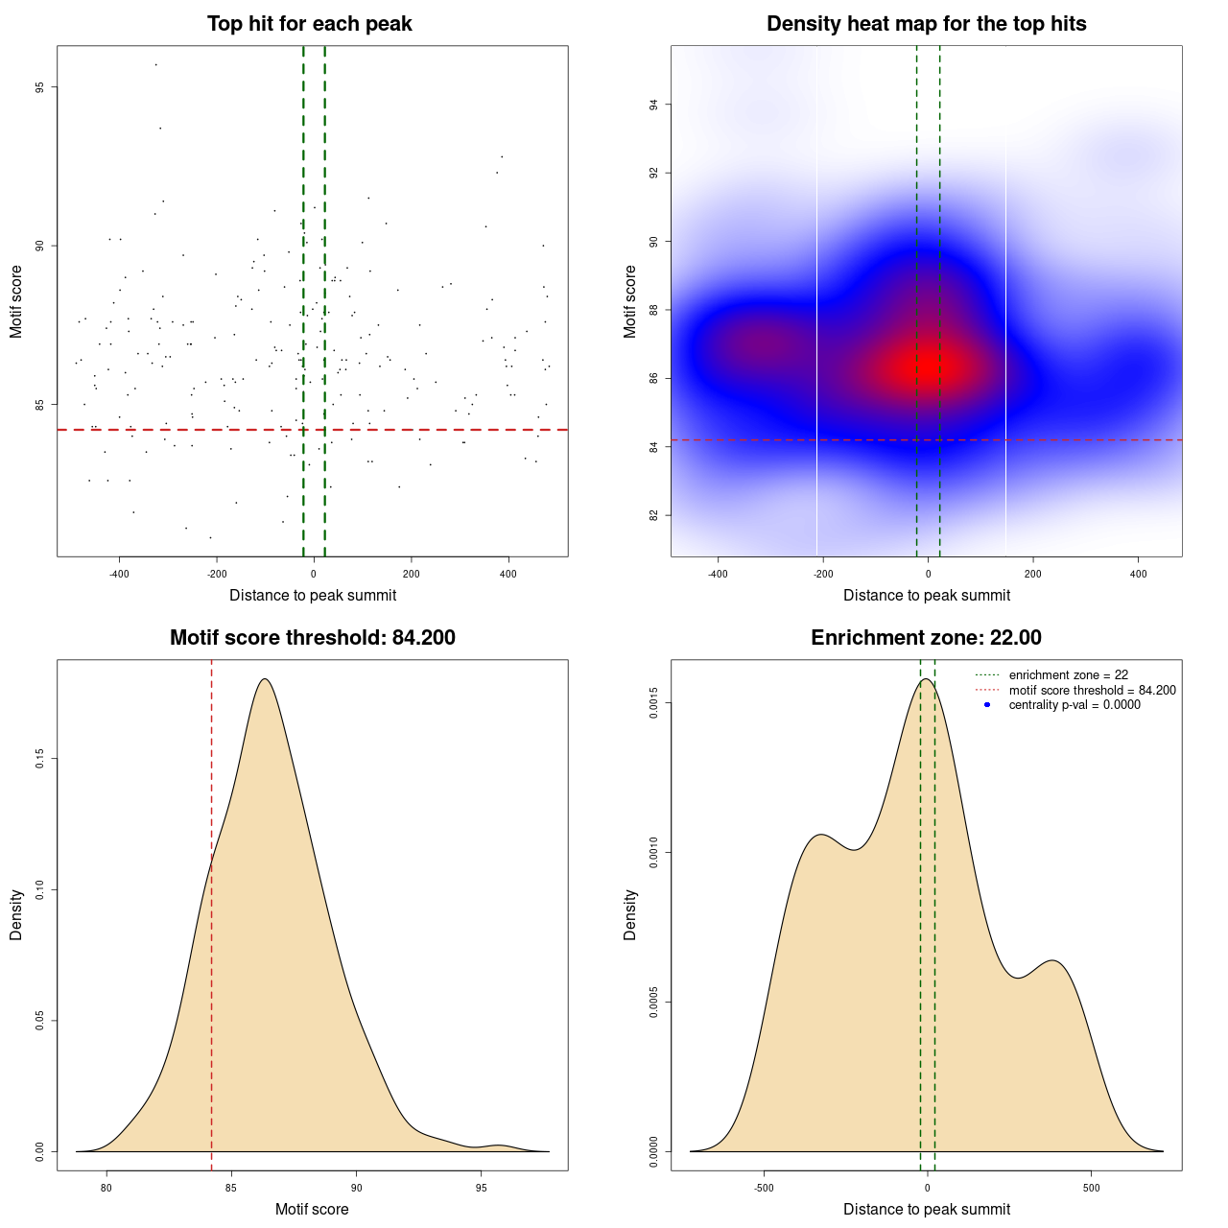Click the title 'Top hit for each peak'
[x=309, y=24]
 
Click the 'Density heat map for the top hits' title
[x=926, y=24]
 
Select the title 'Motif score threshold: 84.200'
[x=312, y=638]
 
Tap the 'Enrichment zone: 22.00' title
[x=926, y=638]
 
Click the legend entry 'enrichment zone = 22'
[x=1068, y=675]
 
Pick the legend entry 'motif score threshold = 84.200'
[x=1092, y=690]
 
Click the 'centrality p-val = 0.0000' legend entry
[x=1074, y=705]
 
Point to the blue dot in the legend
[x=987, y=705]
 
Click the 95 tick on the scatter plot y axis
[x=39, y=87]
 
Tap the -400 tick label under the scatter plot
[x=119, y=575]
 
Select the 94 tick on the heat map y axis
[x=653, y=105]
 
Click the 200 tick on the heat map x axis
[x=1033, y=575]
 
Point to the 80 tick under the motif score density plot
[x=106, y=1190]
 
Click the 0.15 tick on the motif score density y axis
[x=39, y=759]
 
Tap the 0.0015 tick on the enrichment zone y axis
[x=653, y=703]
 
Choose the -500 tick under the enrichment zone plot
[x=764, y=1190]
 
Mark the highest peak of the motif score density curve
[x=265, y=679]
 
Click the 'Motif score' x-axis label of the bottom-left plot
[x=312, y=1209]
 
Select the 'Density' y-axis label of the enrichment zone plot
[x=630, y=914]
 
